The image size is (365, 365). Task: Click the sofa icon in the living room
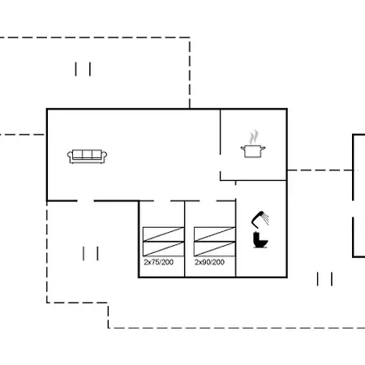[87, 157]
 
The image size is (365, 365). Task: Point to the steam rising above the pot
[254, 137]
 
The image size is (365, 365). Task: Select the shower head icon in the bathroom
[260, 219]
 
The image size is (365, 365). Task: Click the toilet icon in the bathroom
[260, 240]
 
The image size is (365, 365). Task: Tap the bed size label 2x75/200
[159, 262]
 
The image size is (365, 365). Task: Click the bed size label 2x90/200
[209, 262]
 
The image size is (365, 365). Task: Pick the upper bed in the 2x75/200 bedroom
[163, 234]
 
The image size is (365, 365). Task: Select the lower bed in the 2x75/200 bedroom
[163, 249]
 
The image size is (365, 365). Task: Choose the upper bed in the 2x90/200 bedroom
[215, 234]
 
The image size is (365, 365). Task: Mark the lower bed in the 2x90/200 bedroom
[215, 249]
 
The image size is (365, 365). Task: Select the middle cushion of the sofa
[87, 154]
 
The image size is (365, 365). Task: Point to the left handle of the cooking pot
[243, 148]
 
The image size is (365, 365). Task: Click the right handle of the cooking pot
[264, 148]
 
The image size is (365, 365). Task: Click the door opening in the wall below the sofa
[86, 201]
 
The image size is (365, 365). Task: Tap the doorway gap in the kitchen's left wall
[221, 163]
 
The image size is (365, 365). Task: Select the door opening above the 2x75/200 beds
[162, 201]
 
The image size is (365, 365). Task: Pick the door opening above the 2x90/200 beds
[208, 201]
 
